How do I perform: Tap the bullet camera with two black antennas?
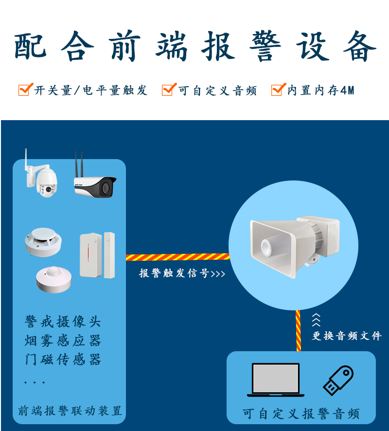(x=95, y=185)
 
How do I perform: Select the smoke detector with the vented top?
(x=43, y=242)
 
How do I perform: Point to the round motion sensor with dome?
(x=54, y=279)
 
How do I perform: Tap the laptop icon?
(x=276, y=380)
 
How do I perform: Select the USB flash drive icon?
(x=338, y=380)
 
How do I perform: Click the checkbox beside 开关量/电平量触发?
(x=25, y=90)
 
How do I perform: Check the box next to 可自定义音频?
(x=168, y=90)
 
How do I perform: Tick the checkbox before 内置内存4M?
(x=278, y=90)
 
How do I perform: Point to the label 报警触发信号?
(x=174, y=273)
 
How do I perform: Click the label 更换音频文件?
(x=347, y=336)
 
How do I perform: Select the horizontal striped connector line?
(x=178, y=257)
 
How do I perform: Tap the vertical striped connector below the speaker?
(x=298, y=331)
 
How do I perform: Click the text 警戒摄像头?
(x=63, y=322)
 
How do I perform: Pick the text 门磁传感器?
(x=63, y=359)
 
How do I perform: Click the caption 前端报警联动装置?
(x=70, y=411)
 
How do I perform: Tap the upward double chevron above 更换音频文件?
(x=316, y=320)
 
